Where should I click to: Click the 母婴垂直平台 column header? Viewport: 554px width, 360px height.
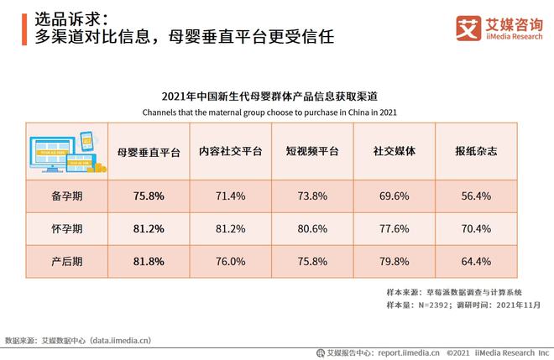[x=149, y=152]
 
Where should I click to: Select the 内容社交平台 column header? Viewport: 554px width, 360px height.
[x=230, y=152]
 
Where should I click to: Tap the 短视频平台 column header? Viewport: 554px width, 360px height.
[x=312, y=152]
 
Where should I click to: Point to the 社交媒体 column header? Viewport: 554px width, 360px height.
[x=395, y=152]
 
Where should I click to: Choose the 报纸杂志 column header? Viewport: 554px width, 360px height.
[x=476, y=152]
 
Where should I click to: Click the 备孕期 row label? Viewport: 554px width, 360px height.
[x=66, y=195]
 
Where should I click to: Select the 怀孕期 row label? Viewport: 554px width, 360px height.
[x=66, y=227]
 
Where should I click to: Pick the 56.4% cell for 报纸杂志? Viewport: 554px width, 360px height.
[x=476, y=195]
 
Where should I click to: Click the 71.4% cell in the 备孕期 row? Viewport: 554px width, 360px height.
[x=230, y=195]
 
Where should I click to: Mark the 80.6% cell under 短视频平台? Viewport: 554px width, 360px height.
[x=312, y=227]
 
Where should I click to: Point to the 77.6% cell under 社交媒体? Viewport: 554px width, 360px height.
[x=395, y=227]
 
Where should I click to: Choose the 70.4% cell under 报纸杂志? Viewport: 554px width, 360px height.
[x=476, y=227]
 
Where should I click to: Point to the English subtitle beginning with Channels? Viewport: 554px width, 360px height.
[x=269, y=112]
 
